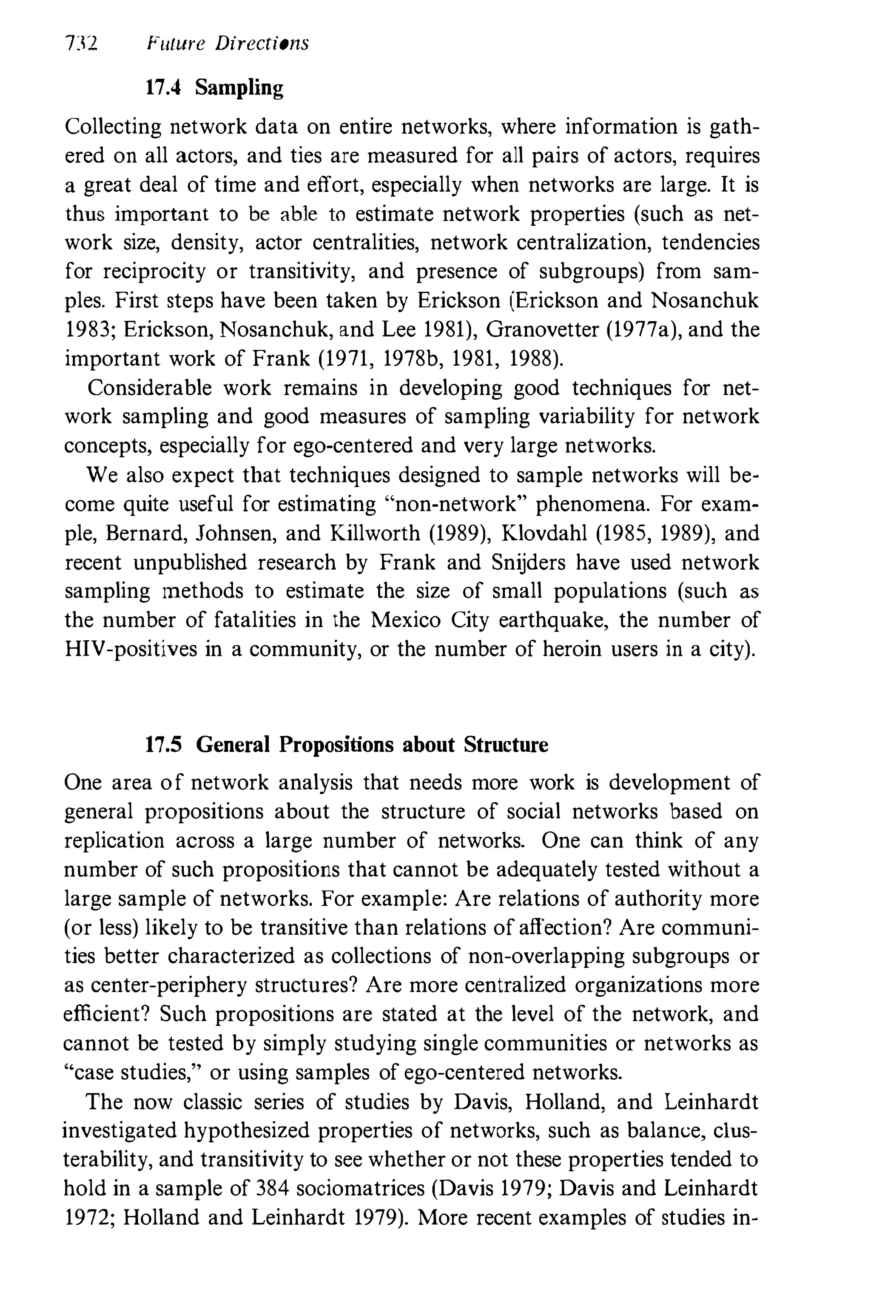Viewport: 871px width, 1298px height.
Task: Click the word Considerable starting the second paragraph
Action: pos(149,388)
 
